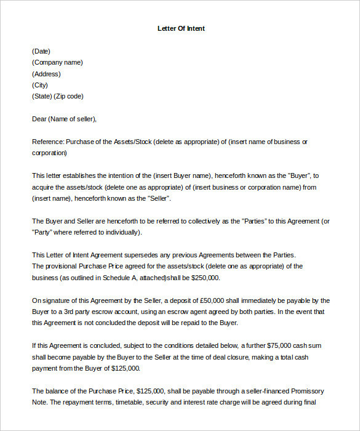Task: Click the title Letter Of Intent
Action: click(180, 28)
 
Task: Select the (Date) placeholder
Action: click(41, 51)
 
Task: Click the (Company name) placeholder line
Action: click(57, 62)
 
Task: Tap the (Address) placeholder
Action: click(46, 74)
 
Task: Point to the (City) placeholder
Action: click(40, 85)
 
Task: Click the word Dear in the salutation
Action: click(39, 119)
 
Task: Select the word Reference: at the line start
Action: click(47, 142)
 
